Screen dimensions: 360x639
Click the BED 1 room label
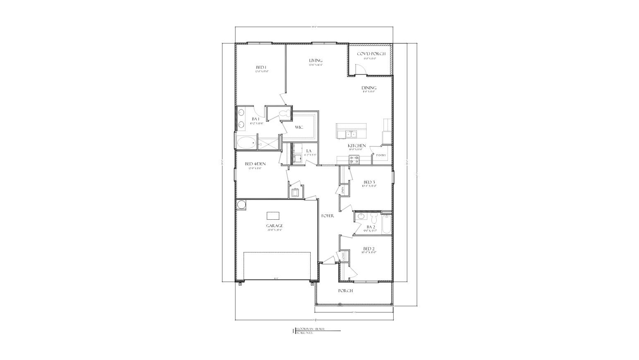pyautogui.click(x=261, y=67)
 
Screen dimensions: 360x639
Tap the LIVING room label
pyautogui.click(x=316, y=60)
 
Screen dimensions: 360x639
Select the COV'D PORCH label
pyautogui.click(x=371, y=54)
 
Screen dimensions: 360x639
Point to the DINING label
pyautogui.click(x=369, y=88)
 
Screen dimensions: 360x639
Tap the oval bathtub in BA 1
pyautogui.click(x=246, y=143)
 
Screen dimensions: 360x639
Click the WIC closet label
pyautogui.click(x=299, y=127)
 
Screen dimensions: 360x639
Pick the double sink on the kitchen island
pyautogui.click(x=351, y=134)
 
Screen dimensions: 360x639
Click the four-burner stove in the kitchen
pyautogui.click(x=354, y=159)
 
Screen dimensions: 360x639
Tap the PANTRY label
pyautogui.click(x=381, y=156)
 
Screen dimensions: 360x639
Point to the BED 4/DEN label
pyautogui.click(x=255, y=164)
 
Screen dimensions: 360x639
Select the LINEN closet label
pyautogui.click(x=343, y=190)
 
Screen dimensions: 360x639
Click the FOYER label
pyautogui.click(x=328, y=216)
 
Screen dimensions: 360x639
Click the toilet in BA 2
pyautogui.click(x=373, y=218)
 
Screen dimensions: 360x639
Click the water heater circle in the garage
pyautogui.click(x=241, y=204)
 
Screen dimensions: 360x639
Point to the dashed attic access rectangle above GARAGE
pyautogui.click(x=273, y=216)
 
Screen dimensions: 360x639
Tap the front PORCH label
pyautogui.click(x=345, y=291)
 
